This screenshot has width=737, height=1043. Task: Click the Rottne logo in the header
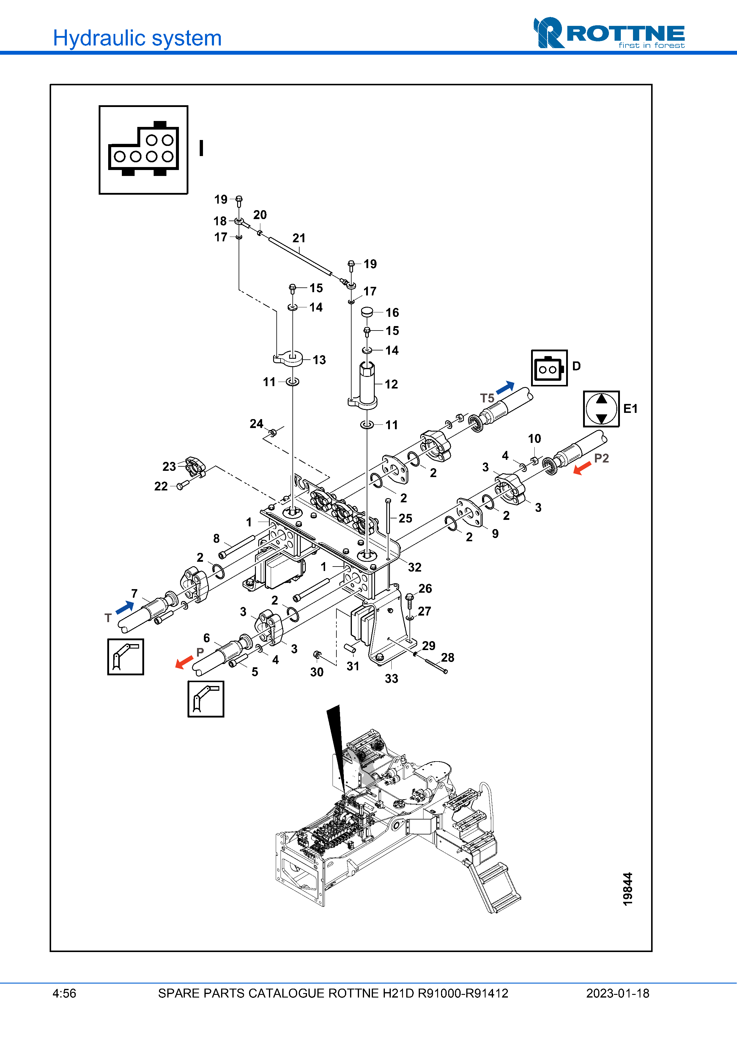click(x=609, y=33)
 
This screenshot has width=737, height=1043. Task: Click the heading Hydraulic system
click(x=137, y=38)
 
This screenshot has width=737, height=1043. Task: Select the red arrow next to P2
click(x=582, y=468)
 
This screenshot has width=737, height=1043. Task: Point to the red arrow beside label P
click(x=184, y=662)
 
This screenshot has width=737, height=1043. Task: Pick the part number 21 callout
click(x=299, y=238)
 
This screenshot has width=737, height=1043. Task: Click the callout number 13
click(x=319, y=360)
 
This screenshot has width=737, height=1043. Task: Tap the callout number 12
click(x=391, y=384)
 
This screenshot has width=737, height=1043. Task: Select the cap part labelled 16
click(x=367, y=312)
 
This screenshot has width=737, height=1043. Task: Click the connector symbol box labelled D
click(x=549, y=368)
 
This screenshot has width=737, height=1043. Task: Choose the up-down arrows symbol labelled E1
click(x=601, y=408)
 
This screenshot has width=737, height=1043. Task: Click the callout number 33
click(x=391, y=678)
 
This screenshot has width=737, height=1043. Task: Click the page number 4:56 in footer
click(x=64, y=993)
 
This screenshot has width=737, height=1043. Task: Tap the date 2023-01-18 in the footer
click(x=618, y=993)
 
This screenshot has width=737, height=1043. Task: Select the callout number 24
click(x=256, y=424)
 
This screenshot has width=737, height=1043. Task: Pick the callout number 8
click(x=217, y=538)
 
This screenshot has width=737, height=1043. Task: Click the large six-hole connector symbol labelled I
click(x=143, y=150)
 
